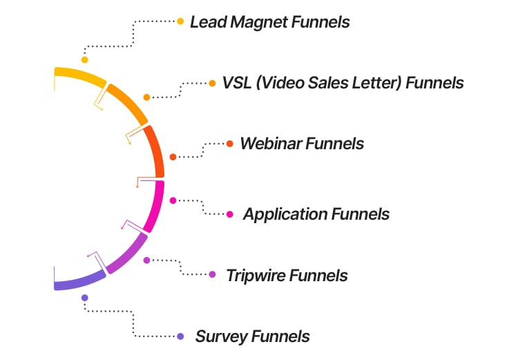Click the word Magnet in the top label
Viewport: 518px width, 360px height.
coord(260,22)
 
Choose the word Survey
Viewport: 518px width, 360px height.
coord(220,337)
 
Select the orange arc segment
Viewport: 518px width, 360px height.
coord(128,102)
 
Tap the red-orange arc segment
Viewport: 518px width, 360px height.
coord(157,152)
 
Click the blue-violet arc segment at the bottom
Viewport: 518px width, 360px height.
coord(78,281)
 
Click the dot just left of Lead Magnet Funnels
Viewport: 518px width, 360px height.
coord(180,21)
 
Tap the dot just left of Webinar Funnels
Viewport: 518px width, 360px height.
coord(230,144)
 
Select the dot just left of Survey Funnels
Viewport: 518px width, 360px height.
coord(180,337)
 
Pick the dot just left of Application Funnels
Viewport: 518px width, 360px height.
coord(230,214)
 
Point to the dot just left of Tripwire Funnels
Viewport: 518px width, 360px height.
coord(212,275)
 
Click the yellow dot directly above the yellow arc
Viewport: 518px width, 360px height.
coord(84,60)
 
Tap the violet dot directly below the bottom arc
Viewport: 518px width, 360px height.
coord(84,298)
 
